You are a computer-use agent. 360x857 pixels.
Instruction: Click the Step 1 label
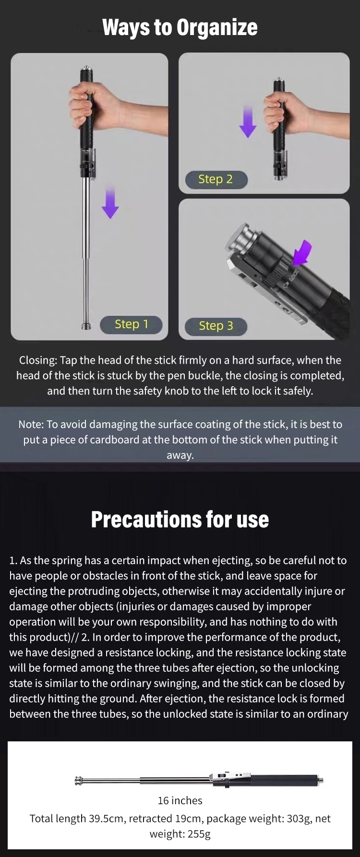pyautogui.click(x=131, y=324)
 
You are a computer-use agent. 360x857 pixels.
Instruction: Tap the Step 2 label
pyautogui.click(x=216, y=179)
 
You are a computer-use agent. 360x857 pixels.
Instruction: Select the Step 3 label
pyautogui.click(x=216, y=326)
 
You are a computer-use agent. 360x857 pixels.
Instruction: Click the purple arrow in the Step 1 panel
pyautogui.click(x=110, y=202)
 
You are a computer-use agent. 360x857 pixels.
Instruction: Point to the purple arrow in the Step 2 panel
pyautogui.click(x=248, y=121)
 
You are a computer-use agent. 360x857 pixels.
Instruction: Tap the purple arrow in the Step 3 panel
pyautogui.click(x=302, y=253)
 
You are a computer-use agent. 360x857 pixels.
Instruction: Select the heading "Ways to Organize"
pyautogui.click(x=180, y=27)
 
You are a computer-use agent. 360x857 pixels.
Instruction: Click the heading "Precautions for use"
pyautogui.click(x=180, y=520)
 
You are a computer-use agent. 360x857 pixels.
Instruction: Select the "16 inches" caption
pyautogui.click(x=180, y=800)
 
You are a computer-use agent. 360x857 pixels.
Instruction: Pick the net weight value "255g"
pyautogui.click(x=199, y=834)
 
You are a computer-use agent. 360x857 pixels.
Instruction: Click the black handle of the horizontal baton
pyautogui.click(x=286, y=780)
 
